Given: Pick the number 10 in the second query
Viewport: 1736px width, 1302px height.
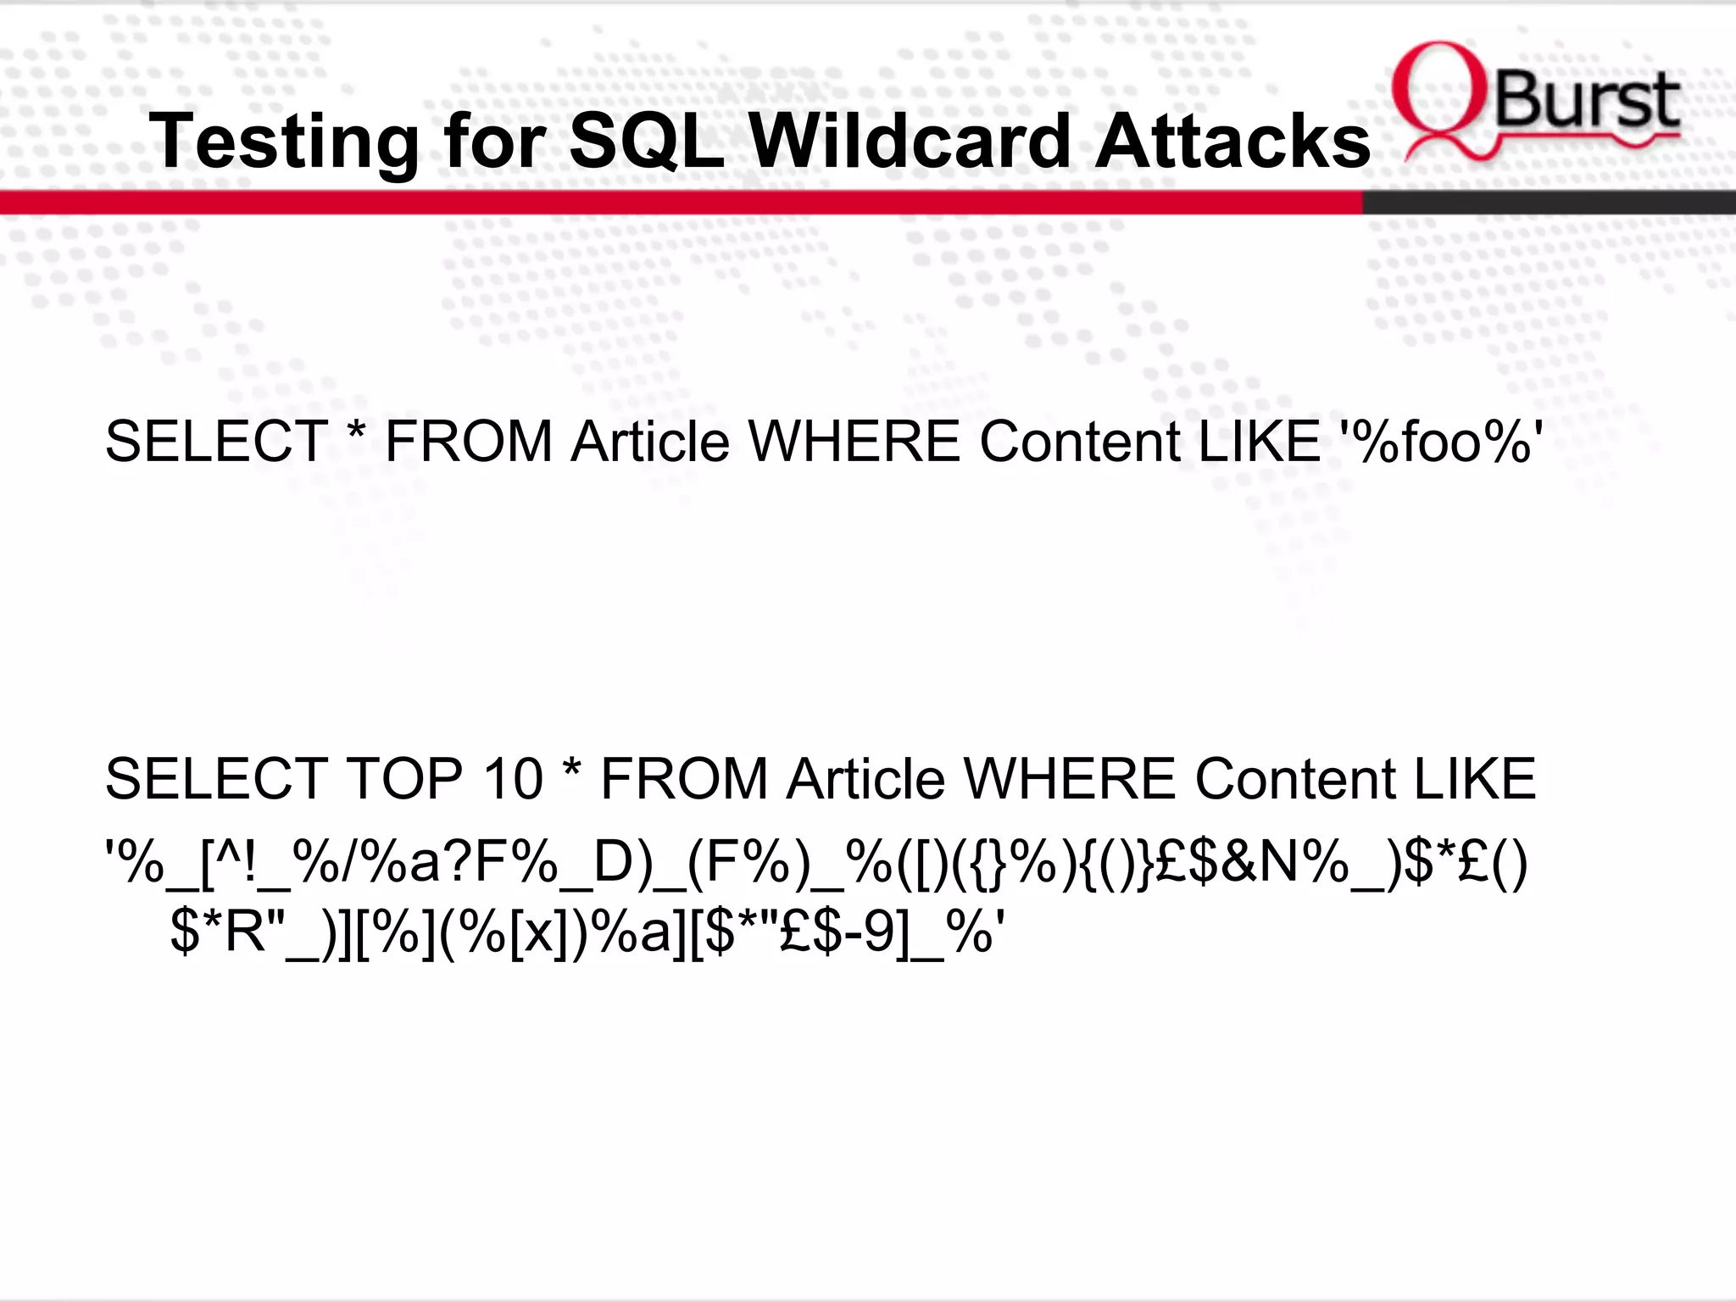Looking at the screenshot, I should click(x=512, y=779).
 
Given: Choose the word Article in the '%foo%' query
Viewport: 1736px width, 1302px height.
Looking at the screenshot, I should click(x=650, y=442).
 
